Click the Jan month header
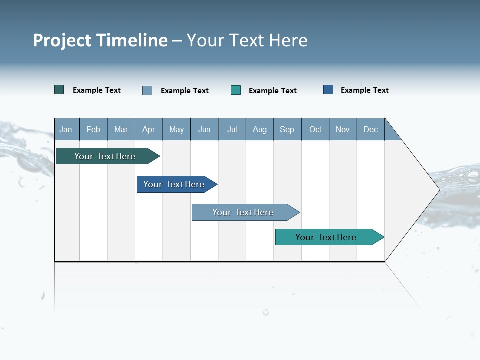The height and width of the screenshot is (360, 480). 66,129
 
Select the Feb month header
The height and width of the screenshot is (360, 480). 93,129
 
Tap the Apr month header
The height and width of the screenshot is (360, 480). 149,129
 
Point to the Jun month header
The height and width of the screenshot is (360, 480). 204,129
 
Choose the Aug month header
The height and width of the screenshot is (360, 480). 260,129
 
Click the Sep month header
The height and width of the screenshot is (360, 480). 287,129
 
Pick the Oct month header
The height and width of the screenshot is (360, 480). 315,129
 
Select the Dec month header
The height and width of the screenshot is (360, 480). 371,129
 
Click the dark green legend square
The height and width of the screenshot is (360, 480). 59,90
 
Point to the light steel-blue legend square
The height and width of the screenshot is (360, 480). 147,90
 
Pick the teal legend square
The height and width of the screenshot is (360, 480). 236,90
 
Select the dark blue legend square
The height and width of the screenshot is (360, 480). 328,90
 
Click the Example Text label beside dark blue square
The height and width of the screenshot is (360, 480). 364,90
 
